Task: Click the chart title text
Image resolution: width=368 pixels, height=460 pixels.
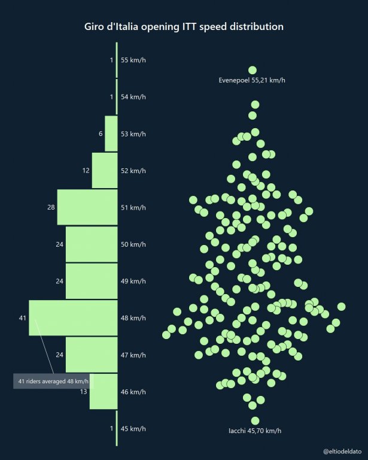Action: tap(184, 27)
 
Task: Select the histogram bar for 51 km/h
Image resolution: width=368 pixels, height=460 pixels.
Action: tap(87, 207)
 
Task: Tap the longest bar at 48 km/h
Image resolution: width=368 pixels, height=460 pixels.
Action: tap(73, 317)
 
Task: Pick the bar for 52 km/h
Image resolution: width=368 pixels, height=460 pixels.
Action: tap(105, 170)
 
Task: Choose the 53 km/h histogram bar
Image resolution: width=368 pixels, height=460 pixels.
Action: tap(111, 134)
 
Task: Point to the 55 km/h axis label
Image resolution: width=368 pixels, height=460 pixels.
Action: tap(133, 60)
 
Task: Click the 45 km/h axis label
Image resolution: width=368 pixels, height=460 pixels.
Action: tap(133, 428)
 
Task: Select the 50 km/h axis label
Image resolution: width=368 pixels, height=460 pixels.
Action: tap(133, 244)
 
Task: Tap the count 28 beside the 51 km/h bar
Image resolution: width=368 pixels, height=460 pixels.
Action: tap(51, 207)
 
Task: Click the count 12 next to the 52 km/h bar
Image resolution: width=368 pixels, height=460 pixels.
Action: tap(86, 170)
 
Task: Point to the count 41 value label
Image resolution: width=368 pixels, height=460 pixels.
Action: tap(23, 317)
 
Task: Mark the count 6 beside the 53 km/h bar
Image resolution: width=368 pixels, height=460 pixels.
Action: tap(101, 134)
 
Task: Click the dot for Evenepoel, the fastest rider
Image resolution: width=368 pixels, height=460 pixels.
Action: tap(253, 70)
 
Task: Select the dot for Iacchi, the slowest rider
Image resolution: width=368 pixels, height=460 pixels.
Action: tap(255, 420)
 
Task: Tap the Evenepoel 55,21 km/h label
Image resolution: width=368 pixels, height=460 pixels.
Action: tap(252, 80)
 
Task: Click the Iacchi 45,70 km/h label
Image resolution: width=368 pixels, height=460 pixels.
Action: tap(255, 431)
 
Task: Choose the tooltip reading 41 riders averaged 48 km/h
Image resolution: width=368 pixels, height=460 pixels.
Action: tap(53, 381)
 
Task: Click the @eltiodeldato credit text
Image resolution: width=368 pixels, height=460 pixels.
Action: tap(342, 449)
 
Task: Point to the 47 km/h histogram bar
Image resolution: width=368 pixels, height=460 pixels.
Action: tap(92, 355)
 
